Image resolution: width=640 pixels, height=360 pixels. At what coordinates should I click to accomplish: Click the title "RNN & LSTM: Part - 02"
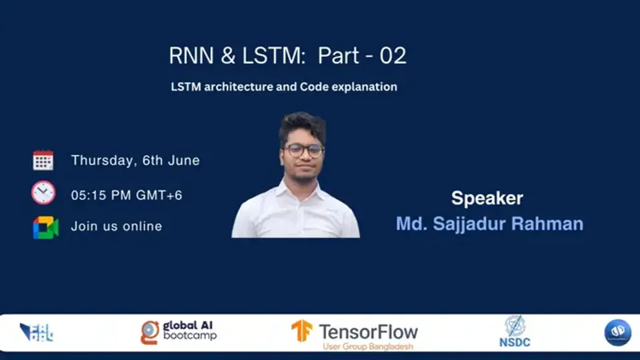[287, 56]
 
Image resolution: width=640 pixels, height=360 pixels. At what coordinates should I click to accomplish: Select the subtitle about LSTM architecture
[283, 87]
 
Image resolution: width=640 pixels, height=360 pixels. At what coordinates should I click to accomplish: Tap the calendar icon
[43, 160]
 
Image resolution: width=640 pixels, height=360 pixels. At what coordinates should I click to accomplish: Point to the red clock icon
[43, 193]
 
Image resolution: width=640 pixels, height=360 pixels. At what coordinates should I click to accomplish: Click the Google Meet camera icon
[45, 227]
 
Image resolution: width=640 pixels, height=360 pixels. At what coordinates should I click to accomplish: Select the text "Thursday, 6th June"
[135, 161]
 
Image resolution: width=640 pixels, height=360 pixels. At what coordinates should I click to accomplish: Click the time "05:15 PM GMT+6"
[127, 195]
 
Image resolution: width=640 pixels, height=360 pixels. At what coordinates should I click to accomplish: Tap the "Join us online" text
[117, 227]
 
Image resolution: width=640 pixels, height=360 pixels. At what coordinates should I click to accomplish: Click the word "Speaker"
[487, 198]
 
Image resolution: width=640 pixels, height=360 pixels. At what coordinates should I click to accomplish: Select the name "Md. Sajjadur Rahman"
[489, 223]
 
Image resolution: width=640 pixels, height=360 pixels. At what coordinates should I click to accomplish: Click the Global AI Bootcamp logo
[179, 331]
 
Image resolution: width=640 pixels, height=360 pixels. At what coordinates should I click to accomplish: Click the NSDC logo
[514, 331]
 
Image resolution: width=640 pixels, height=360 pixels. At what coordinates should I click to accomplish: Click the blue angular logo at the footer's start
[36, 332]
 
